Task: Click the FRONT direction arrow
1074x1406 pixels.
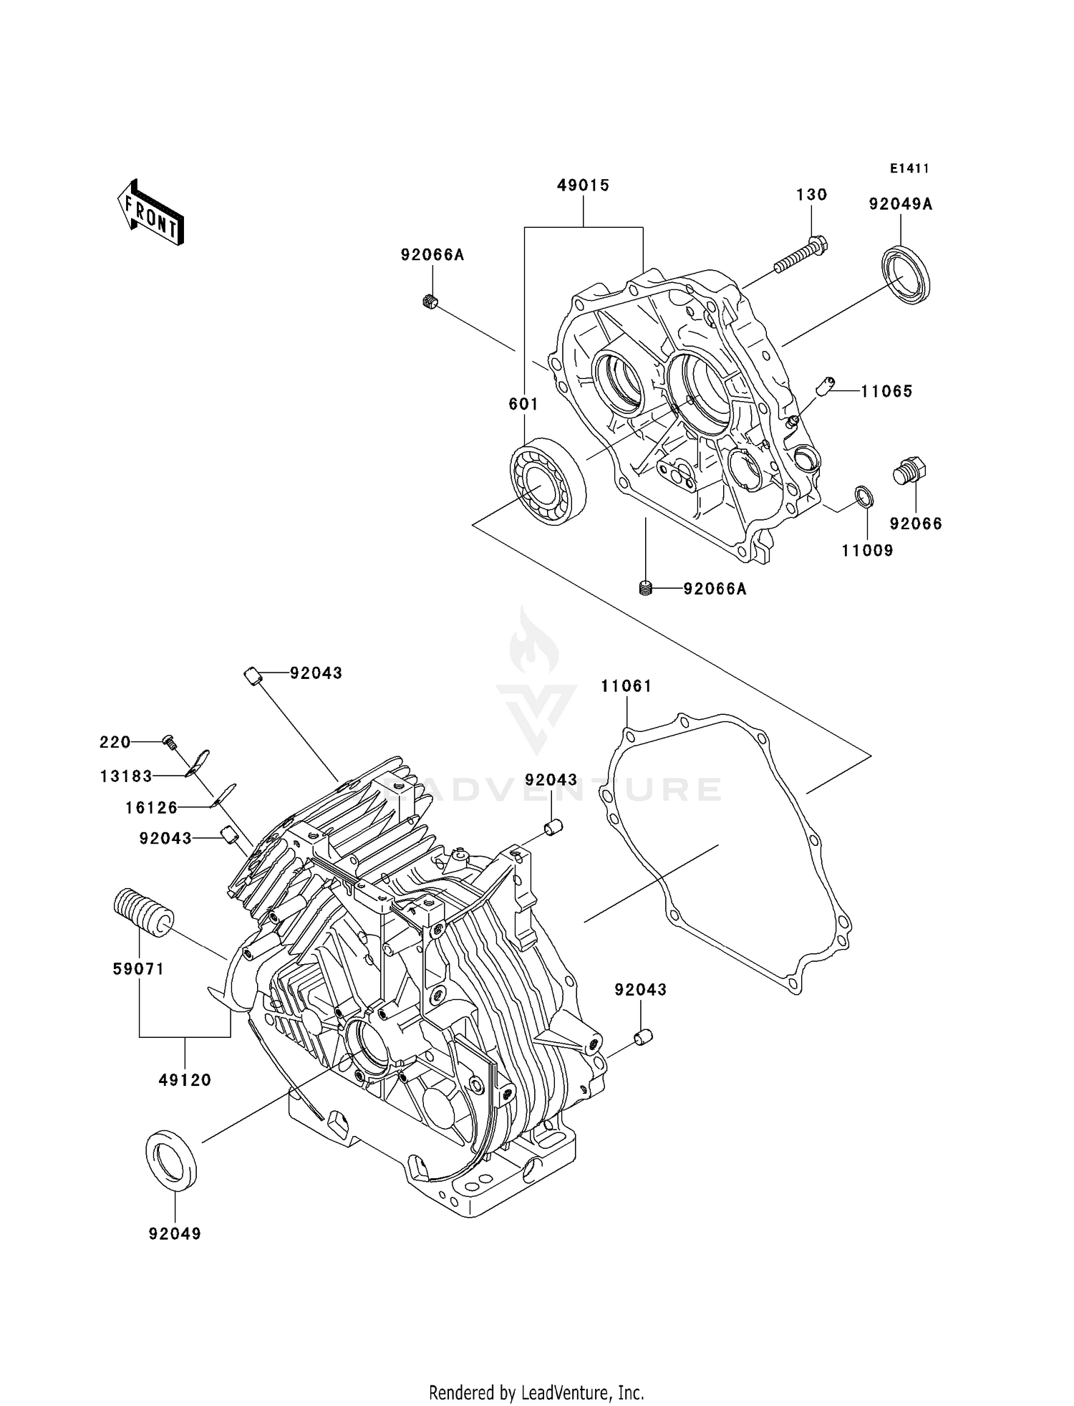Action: point(150,213)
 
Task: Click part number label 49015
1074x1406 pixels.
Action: point(583,186)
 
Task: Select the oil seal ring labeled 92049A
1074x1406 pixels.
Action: point(906,274)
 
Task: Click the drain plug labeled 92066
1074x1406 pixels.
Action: point(910,472)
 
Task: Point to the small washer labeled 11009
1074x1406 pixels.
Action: point(864,496)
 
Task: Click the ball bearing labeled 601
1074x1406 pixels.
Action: point(548,483)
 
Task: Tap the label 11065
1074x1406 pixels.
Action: point(886,391)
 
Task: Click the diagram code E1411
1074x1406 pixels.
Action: point(909,168)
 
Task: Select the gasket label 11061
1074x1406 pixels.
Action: point(626,686)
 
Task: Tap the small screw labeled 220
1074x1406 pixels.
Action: point(170,741)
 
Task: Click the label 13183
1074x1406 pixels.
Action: point(126,776)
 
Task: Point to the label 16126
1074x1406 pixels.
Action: point(151,808)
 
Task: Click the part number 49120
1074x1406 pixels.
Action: point(185,1079)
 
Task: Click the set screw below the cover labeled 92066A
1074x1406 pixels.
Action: point(646,589)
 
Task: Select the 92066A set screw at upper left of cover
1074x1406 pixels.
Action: point(429,302)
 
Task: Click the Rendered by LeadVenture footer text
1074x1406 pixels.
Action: point(536,1392)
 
